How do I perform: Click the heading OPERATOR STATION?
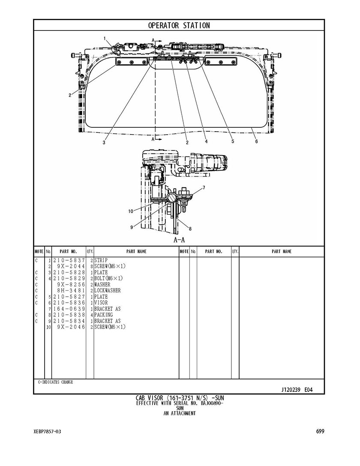(x=179, y=26)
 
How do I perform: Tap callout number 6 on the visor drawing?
(x=257, y=141)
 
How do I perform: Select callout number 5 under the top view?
(x=233, y=141)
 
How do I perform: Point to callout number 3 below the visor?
(x=104, y=143)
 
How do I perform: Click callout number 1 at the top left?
(x=105, y=38)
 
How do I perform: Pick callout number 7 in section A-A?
(x=204, y=187)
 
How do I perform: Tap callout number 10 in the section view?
(x=131, y=211)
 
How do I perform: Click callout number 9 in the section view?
(x=132, y=227)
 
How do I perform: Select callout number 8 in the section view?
(x=190, y=228)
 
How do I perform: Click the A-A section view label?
(x=179, y=240)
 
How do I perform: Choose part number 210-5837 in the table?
(x=69, y=260)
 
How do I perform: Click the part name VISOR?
(x=101, y=303)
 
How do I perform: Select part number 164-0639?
(x=69, y=309)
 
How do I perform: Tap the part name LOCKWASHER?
(x=108, y=291)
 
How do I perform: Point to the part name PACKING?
(x=104, y=315)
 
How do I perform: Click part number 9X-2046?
(x=71, y=327)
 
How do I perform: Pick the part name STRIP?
(x=101, y=260)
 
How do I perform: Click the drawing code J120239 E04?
(x=297, y=390)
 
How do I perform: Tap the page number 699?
(x=320, y=431)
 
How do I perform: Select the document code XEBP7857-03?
(x=47, y=432)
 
